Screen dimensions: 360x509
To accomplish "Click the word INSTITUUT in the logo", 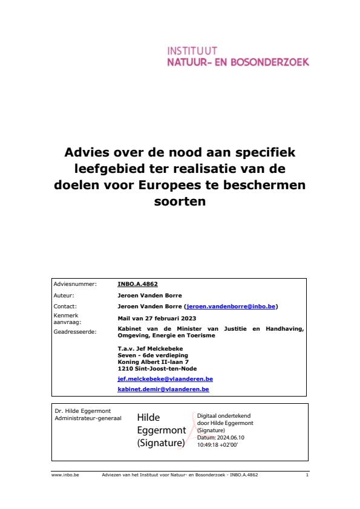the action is point(192,51).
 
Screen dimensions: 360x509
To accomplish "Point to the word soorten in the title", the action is point(180,202).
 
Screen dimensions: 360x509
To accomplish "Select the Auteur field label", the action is point(64,296).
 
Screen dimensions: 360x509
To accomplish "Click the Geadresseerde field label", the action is point(75,331).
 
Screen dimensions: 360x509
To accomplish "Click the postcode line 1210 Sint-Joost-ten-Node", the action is point(157,368).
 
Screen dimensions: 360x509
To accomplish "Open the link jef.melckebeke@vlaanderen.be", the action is point(165,379).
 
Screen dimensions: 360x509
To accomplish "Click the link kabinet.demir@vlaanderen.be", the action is point(163,389).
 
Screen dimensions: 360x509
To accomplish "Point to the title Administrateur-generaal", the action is point(88,418).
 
